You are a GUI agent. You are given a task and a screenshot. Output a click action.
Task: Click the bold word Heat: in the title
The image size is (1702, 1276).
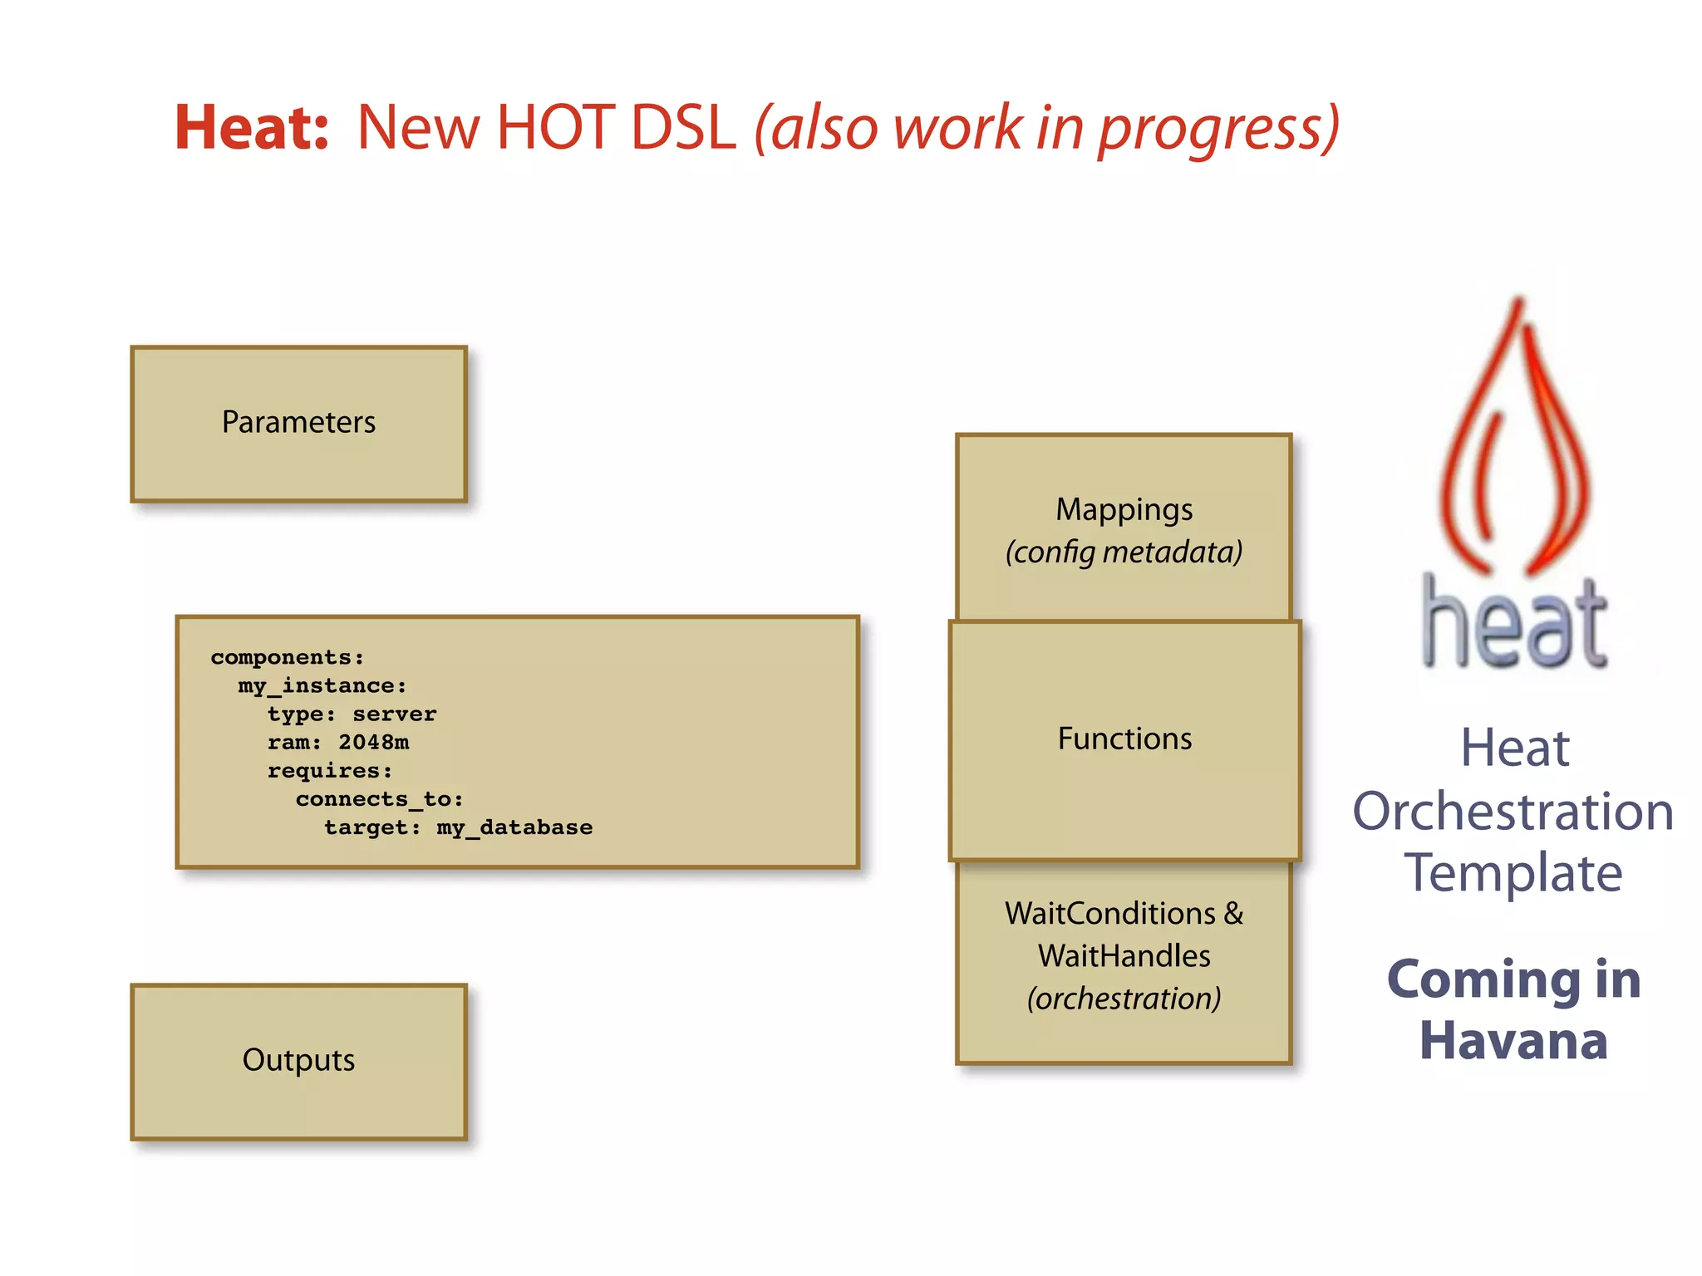point(252,128)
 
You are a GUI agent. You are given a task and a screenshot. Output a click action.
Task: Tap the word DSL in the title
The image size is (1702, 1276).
point(683,128)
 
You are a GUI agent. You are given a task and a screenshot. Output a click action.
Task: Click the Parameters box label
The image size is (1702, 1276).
point(298,422)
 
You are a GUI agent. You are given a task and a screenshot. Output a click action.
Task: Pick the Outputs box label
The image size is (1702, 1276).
point(298,1060)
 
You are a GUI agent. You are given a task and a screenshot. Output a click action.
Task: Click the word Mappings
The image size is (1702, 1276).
point(1124,510)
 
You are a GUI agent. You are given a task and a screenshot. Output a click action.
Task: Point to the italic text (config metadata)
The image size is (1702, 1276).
point(1124,552)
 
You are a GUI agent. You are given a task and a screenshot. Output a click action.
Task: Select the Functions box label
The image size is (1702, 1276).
point(1124,739)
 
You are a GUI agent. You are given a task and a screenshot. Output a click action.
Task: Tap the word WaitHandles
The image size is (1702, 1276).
point(1124,956)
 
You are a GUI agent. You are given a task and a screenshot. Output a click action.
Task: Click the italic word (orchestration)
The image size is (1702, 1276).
point(1124,999)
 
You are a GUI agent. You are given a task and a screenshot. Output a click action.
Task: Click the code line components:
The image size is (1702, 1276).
point(288,657)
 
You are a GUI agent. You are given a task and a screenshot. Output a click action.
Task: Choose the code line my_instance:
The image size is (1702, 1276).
point(322,685)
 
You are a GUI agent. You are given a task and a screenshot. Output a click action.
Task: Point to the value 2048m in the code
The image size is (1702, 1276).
point(373,742)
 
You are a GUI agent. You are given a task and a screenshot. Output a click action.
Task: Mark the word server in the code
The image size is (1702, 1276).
point(394,714)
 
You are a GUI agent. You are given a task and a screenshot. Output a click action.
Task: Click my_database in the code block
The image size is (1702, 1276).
point(514,827)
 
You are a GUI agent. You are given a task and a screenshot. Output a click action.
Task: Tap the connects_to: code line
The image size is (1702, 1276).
point(379,799)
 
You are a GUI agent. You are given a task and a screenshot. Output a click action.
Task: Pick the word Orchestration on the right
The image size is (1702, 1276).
point(1513,812)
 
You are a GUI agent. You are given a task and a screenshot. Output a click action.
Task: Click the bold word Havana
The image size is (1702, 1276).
point(1513,1042)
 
